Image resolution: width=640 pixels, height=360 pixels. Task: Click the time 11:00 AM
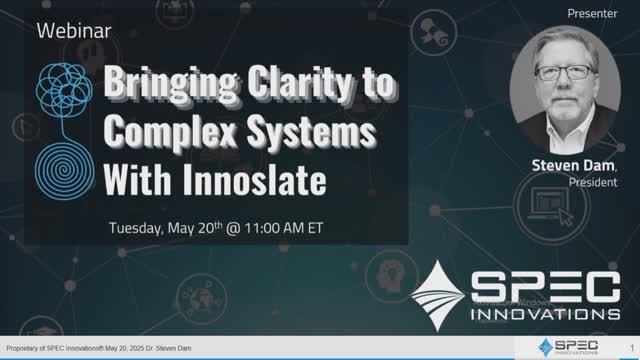(x=284, y=227)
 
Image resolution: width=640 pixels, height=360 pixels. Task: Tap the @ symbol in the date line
(x=232, y=227)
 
